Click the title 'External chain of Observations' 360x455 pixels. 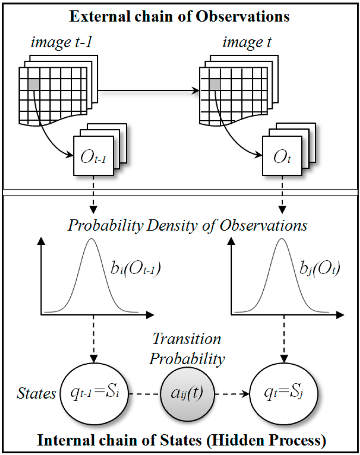pyautogui.click(x=179, y=17)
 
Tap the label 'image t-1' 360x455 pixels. pyautogui.click(x=61, y=42)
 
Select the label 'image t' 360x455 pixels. pyautogui.click(x=247, y=42)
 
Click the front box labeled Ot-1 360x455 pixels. pyautogui.click(x=93, y=156)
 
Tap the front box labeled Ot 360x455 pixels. pyautogui.click(x=282, y=156)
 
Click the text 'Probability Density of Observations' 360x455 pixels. pyautogui.click(x=187, y=225)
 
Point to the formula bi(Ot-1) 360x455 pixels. pyautogui.click(x=135, y=269)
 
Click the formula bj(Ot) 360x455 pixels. pyautogui.click(x=320, y=269)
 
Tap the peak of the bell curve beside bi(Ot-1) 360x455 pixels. pyautogui.click(x=92, y=239)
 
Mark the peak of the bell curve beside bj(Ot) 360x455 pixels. pyautogui.click(x=281, y=239)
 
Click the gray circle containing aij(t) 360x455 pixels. pyautogui.click(x=187, y=393)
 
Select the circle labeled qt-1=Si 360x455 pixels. pyautogui.click(x=94, y=393)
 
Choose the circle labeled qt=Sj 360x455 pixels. pyautogui.click(x=283, y=393)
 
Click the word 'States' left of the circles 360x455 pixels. pyautogui.click(x=36, y=393)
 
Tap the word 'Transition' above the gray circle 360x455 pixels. pyautogui.click(x=187, y=339)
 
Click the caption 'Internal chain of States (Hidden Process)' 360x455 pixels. pyautogui.click(x=181, y=440)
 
